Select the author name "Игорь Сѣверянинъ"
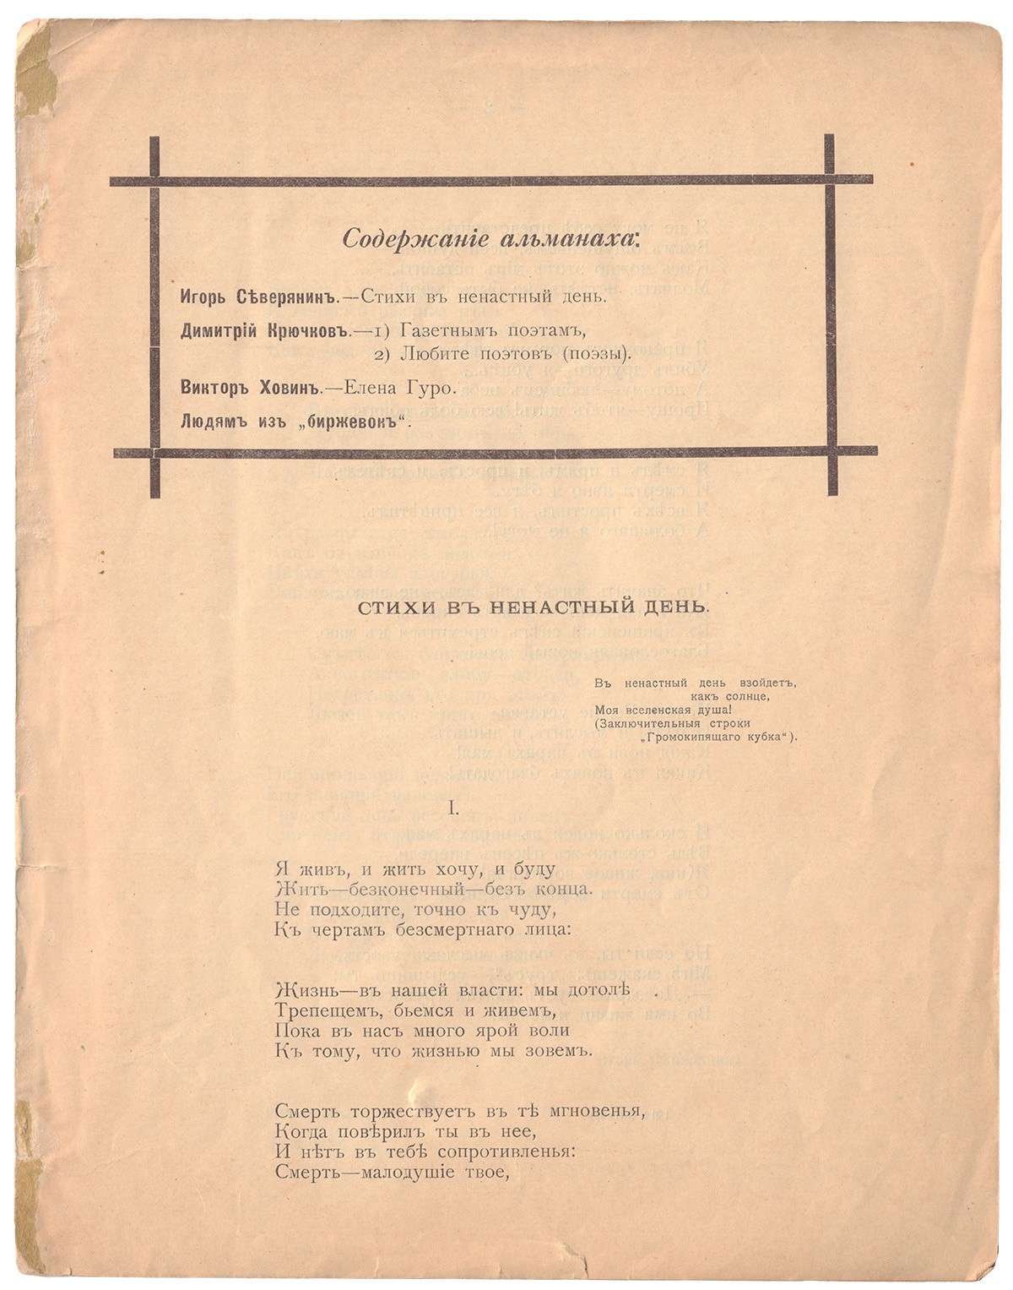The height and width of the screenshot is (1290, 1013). [259, 297]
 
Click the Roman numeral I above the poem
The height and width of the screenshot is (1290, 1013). [453, 809]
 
